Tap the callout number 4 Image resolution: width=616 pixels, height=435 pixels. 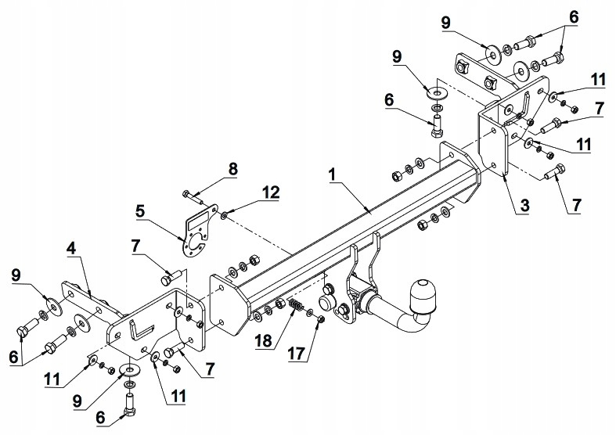70,250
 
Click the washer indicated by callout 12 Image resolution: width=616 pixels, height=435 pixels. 225,214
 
